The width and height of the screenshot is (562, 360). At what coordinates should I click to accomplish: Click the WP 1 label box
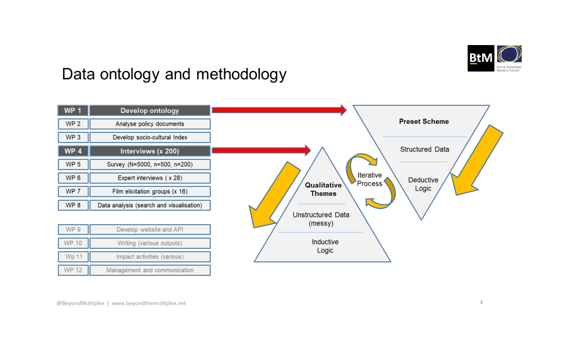click(73, 111)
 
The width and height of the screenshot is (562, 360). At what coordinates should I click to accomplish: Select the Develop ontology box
click(150, 111)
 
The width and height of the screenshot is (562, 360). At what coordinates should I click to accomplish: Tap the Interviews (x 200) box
click(150, 151)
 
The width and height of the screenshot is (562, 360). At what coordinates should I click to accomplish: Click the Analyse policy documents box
click(150, 124)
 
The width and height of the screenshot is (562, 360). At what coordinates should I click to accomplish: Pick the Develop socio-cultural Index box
click(150, 138)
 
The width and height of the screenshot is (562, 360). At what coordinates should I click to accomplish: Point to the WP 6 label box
click(73, 178)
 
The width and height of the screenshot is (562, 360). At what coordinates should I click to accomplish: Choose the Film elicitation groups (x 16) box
click(150, 192)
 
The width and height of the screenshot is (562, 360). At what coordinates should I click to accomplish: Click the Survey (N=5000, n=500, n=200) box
click(150, 165)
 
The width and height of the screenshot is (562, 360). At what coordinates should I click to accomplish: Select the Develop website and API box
click(150, 230)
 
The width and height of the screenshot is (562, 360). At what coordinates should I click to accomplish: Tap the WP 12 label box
click(73, 270)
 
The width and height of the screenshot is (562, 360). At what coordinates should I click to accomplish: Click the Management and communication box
click(150, 270)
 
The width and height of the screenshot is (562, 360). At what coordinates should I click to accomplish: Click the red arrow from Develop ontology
click(279, 110)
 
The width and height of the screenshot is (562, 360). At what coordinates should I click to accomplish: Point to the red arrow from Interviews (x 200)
click(261, 150)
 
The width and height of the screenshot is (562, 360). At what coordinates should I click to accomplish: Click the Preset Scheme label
click(424, 121)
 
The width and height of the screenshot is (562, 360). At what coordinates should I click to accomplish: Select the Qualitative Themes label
click(323, 189)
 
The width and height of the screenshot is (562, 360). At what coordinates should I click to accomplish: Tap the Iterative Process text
click(370, 180)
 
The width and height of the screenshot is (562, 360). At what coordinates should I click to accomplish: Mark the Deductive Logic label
click(423, 184)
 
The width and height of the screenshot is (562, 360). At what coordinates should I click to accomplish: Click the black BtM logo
click(481, 58)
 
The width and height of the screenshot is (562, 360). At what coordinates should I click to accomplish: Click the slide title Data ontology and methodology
click(174, 75)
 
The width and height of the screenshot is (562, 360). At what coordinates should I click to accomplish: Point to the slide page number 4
click(481, 302)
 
